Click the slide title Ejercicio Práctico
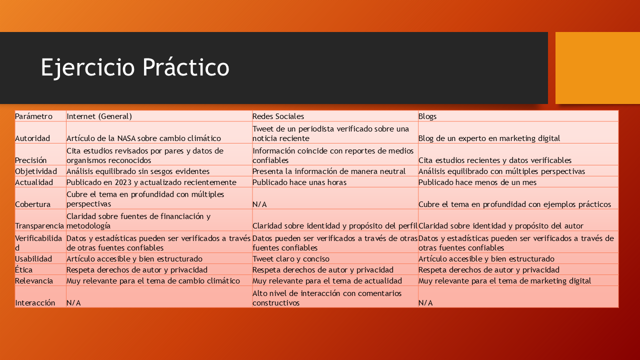click(x=135, y=67)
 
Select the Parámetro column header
click(x=33, y=116)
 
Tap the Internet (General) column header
click(x=99, y=116)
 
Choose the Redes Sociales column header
click(x=278, y=116)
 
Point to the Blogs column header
click(x=427, y=116)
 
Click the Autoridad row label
click(x=32, y=138)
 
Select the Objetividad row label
click(x=36, y=171)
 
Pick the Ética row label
click(x=23, y=269)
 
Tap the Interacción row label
click(x=35, y=302)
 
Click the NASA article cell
click(x=143, y=138)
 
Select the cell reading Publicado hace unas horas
click(x=299, y=182)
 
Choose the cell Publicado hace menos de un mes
click(x=477, y=182)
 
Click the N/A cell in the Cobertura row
click(x=259, y=204)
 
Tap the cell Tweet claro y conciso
click(x=291, y=259)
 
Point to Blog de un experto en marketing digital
click(x=489, y=138)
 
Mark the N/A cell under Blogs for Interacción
click(x=425, y=303)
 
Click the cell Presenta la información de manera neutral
click(x=329, y=171)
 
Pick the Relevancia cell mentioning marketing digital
click(x=505, y=281)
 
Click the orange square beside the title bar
click(x=597, y=68)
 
